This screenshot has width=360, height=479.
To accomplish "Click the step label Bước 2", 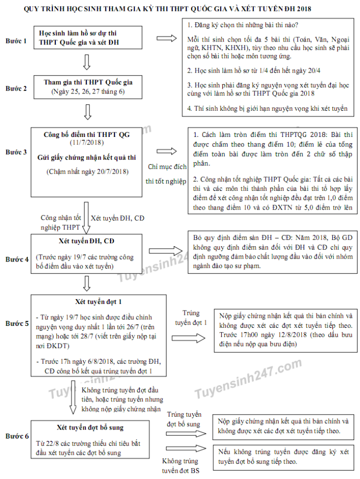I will (16, 88).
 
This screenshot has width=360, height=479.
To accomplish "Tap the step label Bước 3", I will (16, 153).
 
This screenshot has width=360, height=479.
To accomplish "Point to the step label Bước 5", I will (16, 324).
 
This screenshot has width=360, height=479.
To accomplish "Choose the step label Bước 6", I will (16, 436).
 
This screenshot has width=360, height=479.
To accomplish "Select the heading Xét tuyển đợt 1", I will (98, 301).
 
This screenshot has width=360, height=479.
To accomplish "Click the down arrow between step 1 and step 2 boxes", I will (87, 62).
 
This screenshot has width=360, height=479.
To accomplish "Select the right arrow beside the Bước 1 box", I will (166, 39).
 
